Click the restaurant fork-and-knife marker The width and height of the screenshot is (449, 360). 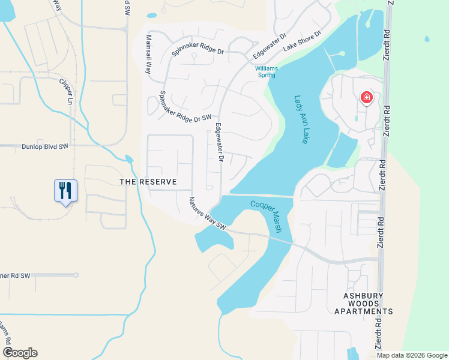65,190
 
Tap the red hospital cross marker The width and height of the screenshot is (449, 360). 366,98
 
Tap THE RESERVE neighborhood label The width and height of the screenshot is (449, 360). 148,181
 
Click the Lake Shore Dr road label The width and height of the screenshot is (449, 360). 302,40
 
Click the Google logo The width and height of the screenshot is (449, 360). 20,353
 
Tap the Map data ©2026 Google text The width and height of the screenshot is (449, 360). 412,355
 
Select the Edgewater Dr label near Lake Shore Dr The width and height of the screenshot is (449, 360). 270,46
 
